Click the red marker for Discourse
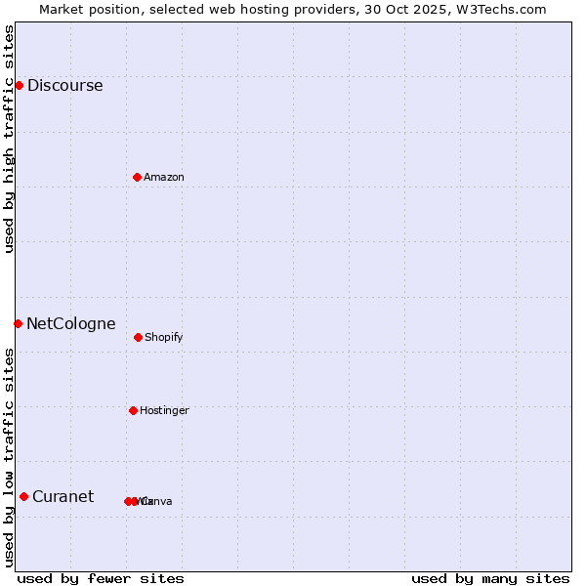click(x=19, y=85)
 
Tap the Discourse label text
click(x=64, y=85)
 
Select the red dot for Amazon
click(x=137, y=177)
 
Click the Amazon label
click(x=164, y=177)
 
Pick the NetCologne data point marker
click(x=18, y=323)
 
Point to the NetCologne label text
click(x=70, y=324)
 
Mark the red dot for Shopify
click(x=138, y=337)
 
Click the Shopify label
click(x=164, y=337)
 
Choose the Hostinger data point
click(x=133, y=410)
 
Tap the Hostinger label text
click(x=164, y=410)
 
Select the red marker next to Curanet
click(x=23, y=496)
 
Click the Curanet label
click(x=63, y=496)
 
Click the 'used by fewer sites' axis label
click(x=101, y=578)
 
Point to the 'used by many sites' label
click(x=490, y=578)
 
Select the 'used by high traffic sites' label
click(x=9, y=139)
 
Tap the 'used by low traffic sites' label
click(x=9, y=457)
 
